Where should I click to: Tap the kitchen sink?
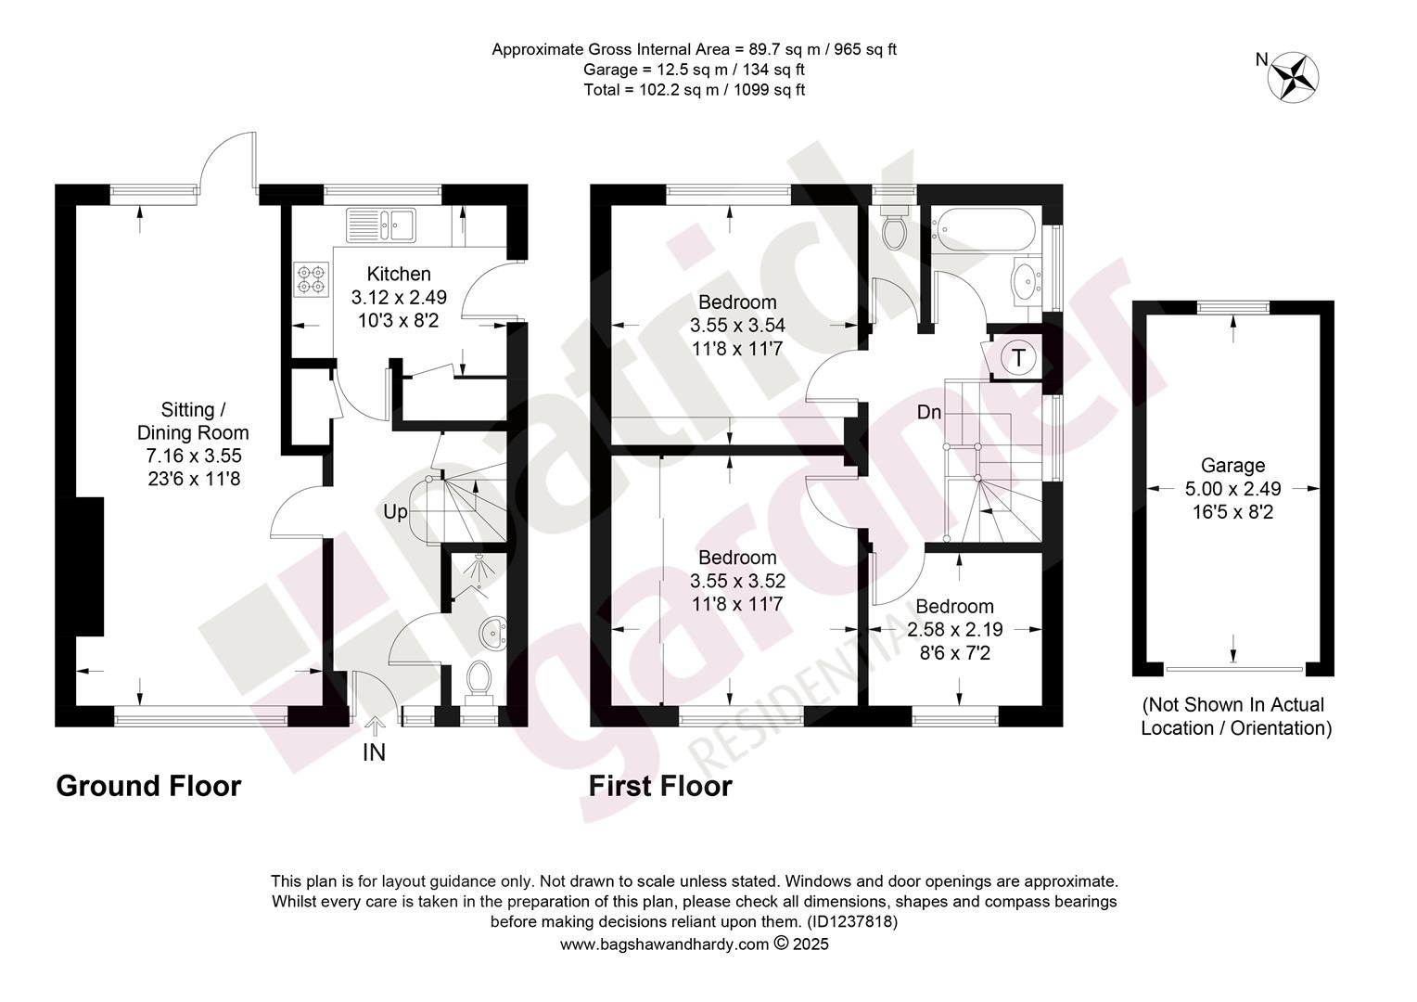coord(381,225)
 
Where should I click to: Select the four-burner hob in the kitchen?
coord(312,279)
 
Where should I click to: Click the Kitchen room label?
coord(399,274)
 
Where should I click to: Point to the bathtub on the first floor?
coord(986,230)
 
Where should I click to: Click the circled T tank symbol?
coord(1018,357)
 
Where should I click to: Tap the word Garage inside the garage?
coord(1232,465)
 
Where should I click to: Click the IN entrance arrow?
coord(376,726)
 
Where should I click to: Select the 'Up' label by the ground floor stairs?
coord(395,511)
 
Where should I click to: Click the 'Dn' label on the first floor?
coord(929,412)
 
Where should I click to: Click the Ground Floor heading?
coord(148,786)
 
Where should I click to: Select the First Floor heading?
coord(660,786)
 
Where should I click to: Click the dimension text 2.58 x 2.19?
coord(954,629)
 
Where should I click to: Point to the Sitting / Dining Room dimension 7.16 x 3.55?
coord(194,456)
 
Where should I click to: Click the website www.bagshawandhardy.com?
coord(664,944)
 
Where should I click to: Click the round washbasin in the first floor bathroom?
coord(1026,281)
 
